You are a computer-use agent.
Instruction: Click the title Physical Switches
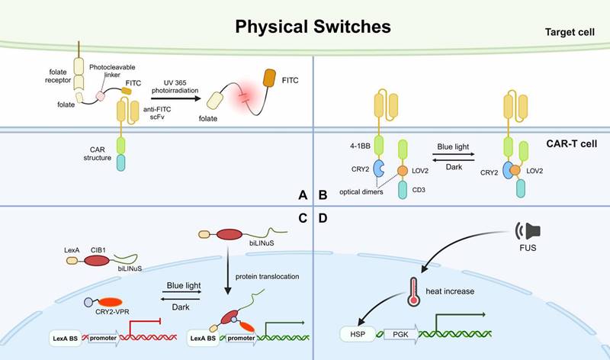(313, 27)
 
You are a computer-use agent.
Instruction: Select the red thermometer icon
(415, 289)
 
